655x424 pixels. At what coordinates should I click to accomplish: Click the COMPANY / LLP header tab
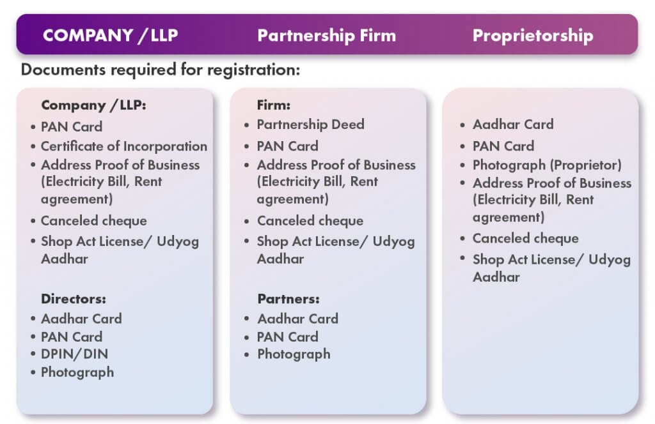(x=110, y=35)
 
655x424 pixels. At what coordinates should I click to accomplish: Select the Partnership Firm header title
(x=327, y=35)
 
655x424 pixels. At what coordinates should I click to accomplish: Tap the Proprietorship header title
(x=533, y=36)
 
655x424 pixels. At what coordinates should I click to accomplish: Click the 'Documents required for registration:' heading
(x=161, y=69)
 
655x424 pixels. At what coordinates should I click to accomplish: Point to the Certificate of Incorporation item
(x=124, y=146)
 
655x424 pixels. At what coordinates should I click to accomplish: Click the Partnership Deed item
(x=310, y=125)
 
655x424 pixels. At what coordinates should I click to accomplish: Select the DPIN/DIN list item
(x=74, y=354)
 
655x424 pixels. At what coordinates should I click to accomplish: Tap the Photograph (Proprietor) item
(x=547, y=165)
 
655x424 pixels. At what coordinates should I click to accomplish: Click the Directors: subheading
(x=74, y=298)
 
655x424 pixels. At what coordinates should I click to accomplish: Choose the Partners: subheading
(x=288, y=298)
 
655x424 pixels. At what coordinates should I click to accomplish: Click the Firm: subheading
(x=274, y=105)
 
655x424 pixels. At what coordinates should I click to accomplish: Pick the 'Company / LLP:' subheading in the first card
(x=93, y=105)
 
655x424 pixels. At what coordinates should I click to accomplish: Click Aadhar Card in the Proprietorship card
(x=513, y=125)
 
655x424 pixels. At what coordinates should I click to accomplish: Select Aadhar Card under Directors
(x=81, y=319)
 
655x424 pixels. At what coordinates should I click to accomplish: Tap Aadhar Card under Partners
(x=298, y=319)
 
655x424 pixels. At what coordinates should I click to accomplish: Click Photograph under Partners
(x=294, y=354)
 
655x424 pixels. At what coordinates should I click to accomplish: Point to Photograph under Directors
(x=77, y=372)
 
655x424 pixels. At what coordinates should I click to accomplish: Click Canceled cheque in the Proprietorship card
(x=526, y=238)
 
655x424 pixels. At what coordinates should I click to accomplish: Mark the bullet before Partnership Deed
(x=247, y=125)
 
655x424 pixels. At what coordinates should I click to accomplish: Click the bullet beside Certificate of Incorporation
(x=33, y=146)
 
